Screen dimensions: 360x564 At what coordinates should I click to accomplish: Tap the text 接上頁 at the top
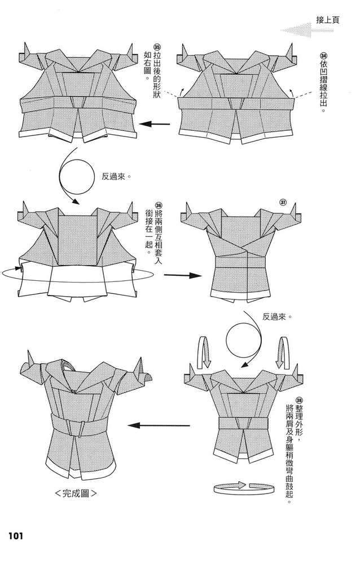328,20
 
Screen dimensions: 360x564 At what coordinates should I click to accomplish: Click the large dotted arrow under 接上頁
307,30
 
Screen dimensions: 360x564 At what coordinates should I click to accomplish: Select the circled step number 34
323,56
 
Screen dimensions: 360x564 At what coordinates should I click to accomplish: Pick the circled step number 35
157,47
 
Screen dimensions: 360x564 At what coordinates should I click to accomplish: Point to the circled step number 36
159,205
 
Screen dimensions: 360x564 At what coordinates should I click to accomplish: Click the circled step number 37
283,202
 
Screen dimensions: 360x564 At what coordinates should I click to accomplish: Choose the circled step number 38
299,400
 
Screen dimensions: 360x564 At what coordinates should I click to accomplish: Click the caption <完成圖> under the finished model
76,493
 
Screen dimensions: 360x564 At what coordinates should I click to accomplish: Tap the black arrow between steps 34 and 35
155,125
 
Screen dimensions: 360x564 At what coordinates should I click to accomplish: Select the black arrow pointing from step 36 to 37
183,276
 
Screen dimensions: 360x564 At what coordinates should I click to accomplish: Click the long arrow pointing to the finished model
159,425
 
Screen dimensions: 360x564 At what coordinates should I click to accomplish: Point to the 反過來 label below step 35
115,177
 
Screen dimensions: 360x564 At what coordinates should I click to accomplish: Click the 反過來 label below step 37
276,317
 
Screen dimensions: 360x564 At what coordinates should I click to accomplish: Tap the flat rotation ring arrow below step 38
244,488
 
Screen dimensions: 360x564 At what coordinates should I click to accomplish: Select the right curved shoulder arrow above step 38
283,352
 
